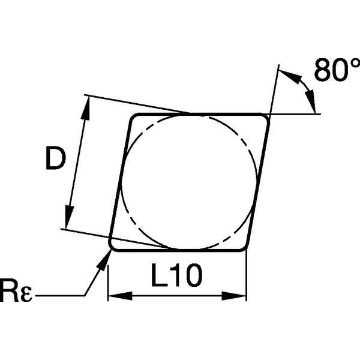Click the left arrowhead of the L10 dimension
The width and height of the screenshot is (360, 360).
point(114,295)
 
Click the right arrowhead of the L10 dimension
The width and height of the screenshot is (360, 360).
point(239,295)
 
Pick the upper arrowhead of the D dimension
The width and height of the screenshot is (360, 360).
point(86,107)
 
